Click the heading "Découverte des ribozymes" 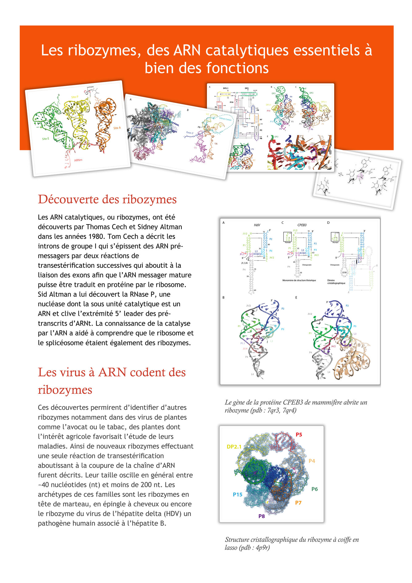[107, 199]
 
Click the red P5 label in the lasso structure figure [299, 434]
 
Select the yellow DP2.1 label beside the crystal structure [234, 446]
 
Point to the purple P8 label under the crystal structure [261, 516]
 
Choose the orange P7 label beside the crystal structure [298, 503]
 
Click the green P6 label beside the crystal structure [314, 489]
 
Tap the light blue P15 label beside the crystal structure [237, 494]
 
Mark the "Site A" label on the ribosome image [117, 128]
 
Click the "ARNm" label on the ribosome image [78, 160]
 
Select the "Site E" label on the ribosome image [46, 139]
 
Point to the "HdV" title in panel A [257, 225]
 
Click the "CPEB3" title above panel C [302, 225]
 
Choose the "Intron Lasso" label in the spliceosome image [225, 119]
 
